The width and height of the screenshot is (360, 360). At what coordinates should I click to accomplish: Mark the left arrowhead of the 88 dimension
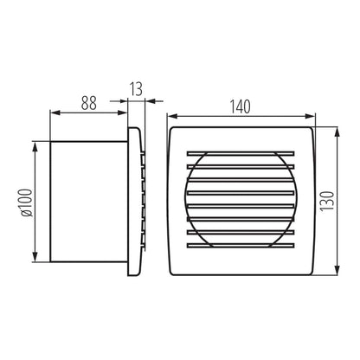pos(55,112)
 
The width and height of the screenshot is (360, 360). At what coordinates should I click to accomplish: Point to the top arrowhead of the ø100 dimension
pos(35,148)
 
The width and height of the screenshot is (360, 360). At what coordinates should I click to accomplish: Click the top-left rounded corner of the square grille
pos(172,129)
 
